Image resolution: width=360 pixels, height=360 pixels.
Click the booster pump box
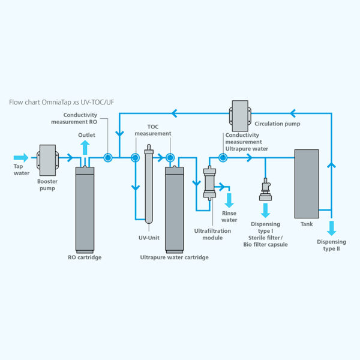(47, 158)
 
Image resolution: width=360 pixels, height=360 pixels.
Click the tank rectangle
(306, 183)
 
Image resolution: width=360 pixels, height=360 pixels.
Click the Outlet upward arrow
(86, 146)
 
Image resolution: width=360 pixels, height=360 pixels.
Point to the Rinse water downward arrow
(229, 199)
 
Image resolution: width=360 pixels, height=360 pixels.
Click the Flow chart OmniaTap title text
(61, 103)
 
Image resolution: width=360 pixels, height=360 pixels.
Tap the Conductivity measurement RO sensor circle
(108, 158)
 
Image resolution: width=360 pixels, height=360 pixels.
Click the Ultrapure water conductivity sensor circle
(223, 158)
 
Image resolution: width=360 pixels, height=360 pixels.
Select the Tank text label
(307, 224)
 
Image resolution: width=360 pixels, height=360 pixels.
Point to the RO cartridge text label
(85, 258)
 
